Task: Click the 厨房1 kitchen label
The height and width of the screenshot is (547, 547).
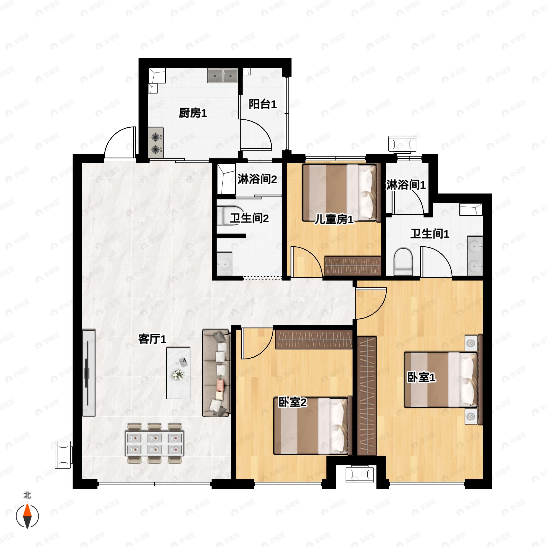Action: pyautogui.click(x=193, y=113)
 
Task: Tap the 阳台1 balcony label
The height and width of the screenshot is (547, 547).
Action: pyautogui.click(x=263, y=104)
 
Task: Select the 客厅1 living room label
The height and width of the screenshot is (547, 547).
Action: pyautogui.click(x=152, y=339)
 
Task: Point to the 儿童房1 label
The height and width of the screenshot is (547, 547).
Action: pyautogui.click(x=334, y=219)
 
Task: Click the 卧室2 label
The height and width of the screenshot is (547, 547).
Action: pyautogui.click(x=292, y=402)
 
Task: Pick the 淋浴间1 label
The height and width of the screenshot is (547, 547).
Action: pyautogui.click(x=406, y=185)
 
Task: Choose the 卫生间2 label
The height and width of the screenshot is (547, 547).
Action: pyautogui.click(x=249, y=218)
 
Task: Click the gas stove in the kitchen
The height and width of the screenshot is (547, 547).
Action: pyautogui.click(x=156, y=143)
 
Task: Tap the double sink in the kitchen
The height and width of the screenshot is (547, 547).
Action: pyautogui.click(x=222, y=75)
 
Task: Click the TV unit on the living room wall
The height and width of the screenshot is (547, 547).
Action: pyautogui.click(x=89, y=373)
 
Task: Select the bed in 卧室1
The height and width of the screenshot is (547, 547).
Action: pyautogui.click(x=441, y=380)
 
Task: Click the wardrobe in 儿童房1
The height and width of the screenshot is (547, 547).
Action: pyautogui.click(x=353, y=266)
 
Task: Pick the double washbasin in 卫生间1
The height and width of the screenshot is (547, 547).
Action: pyautogui.click(x=475, y=256)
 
